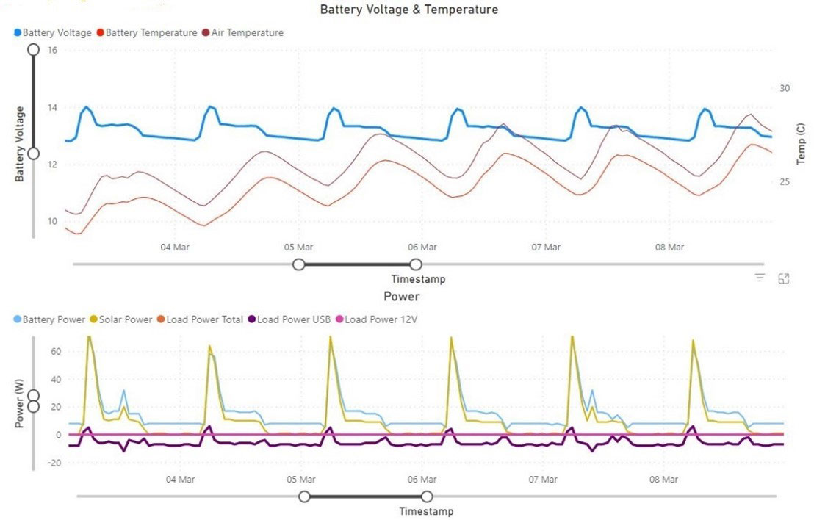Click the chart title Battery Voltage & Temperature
click(x=409, y=10)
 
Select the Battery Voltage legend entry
click(x=57, y=32)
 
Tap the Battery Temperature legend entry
click(x=151, y=32)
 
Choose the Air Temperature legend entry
click(x=247, y=32)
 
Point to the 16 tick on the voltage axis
click(x=52, y=50)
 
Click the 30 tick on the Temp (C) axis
click(x=784, y=88)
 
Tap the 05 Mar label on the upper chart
click(x=299, y=247)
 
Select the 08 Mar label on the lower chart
click(x=664, y=479)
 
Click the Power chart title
click(x=402, y=296)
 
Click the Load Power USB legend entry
click(x=288, y=319)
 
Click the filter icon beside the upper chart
click(x=760, y=278)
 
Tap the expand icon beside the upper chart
click(x=784, y=278)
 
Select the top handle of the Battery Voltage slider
click(x=33, y=49)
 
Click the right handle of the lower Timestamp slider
click(x=427, y=496)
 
